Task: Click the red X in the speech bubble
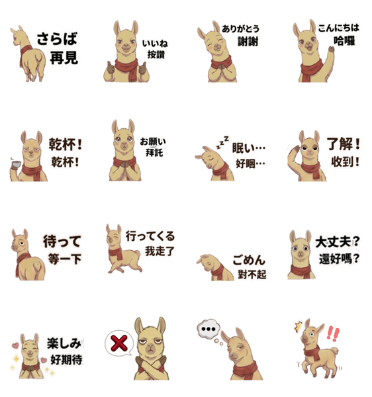point(119,343)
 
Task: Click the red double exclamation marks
point(333,333)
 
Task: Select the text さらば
point(57,39)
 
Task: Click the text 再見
point(64,58)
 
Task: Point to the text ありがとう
point(240,28)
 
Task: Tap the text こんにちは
point(338,28)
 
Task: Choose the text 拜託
point(154,153)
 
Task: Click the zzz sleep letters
point(222,142)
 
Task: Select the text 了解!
point(344,144)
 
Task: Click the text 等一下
point(65,259)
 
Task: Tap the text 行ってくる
point(150,236)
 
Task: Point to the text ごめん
point(249,260)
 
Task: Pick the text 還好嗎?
point(339,259)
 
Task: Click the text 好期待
point(66,360)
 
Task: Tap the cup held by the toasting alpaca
point(16,164)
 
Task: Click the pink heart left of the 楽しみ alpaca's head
point(15,345)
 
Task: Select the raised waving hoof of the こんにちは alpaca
point(331,49)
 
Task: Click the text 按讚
point(156,54)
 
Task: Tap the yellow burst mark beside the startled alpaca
point(299,326)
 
